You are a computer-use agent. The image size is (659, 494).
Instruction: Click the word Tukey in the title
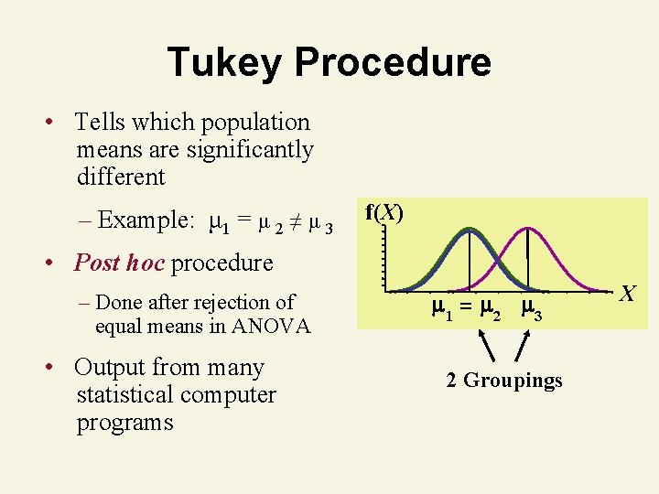click(225, 62)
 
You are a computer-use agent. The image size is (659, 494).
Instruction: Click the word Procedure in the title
click(394, 62)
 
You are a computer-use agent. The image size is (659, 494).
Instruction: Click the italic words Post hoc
click(119, 263)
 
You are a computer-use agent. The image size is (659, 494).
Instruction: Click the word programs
click(124, 423)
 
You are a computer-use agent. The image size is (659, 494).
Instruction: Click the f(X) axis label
click(384, 213)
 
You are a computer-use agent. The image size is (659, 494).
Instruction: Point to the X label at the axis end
click(627, 294)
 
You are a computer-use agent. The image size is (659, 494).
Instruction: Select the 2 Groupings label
click(503, 381)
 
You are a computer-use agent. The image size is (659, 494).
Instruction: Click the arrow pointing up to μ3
click(522, 349)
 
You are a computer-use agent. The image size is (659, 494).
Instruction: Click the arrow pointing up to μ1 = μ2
click(488, 348)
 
